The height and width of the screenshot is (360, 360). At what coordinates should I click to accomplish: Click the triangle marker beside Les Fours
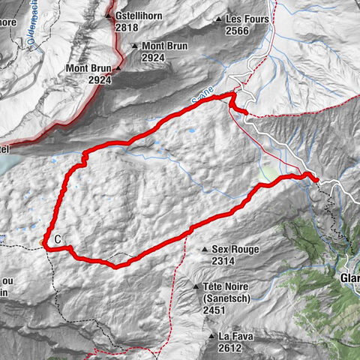tap(218, 19)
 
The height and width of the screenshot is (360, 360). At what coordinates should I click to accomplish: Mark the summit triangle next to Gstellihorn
tap(109, 16)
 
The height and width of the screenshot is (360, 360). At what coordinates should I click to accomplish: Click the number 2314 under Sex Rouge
tap(225, 261)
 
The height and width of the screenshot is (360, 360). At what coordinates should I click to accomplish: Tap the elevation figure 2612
tap(230, 347)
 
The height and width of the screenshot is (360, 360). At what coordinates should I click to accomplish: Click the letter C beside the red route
tap(57, 240)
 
